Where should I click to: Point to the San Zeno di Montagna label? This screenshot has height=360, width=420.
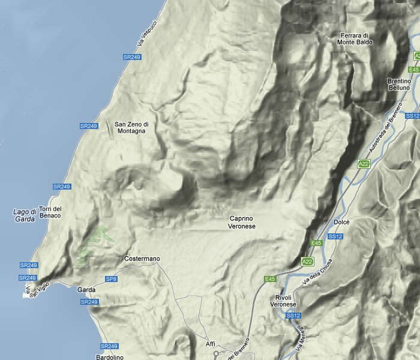pos(131,128)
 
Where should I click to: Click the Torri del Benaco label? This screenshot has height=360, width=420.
pos(50,212)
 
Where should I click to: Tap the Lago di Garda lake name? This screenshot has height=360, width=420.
pos(25,215)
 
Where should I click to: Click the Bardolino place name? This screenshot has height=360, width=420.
pos(110,357)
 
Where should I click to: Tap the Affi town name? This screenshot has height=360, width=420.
pos(210,343)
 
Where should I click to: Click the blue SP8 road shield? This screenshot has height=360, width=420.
pos(110,279)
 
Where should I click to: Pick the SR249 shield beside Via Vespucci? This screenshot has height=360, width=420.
pos(131,56)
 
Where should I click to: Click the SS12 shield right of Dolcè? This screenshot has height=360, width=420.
pos(336,236)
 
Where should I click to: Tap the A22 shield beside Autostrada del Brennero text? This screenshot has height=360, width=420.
pos(364,163)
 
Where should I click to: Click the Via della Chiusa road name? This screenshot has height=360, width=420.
pos(317,273)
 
